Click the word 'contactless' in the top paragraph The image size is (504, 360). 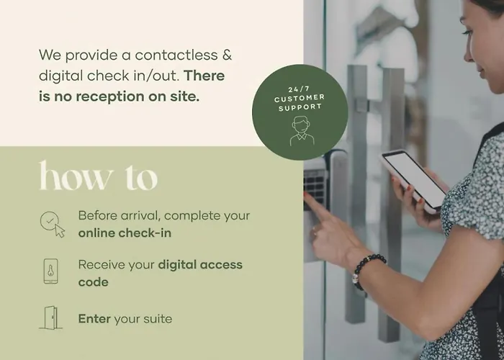pyautogui.click(x=176, y=55)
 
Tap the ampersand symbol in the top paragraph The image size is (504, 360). pyautogui.click(x=227, y=55)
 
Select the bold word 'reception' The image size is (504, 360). pyautogui.click(x=110, y=96)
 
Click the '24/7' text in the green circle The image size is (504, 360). pyautogui.click(x=299, y=90)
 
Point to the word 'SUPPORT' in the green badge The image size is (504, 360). pyautogui.click(x=300, y=107)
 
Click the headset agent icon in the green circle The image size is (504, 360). pyautogui.click(x=302, y=131)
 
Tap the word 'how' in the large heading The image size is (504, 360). pyautogui.click(x=76, y=176)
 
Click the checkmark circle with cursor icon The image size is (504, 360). pyautogui.click(x=53, y=224)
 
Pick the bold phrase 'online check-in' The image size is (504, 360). pyautogui.click(x=125, y=233)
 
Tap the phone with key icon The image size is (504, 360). pyautogui.click(x=51, y=271)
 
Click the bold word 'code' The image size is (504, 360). pyautogui.click(x=93, y=282)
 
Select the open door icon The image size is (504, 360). pyautogui.click(x=51, y=318)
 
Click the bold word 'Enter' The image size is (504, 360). pyautogui.click(x=94, y=319)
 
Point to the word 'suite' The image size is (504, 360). pyautogui.click(x=159, y=319)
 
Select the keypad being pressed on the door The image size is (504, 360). pyautogui.click(x=315, y=185)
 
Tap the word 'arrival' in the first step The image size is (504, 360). pyautogui.click(x=140, y=215)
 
